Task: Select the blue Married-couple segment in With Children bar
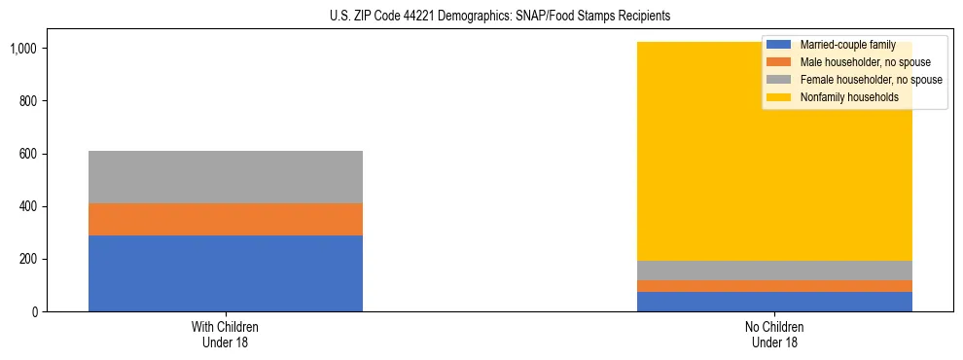pos(226,273)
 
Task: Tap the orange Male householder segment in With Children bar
pos(226,219)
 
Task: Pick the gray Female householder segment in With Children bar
pos(226,177)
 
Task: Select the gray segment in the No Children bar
pos(774,270)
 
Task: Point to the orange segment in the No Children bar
pos(774,286)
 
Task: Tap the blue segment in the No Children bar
pos(774,302)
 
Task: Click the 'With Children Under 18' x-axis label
pos(226,335)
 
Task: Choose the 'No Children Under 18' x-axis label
pos(774,335)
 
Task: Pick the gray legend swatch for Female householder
pos(779,80)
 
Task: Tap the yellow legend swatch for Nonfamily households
pos(779,97)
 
